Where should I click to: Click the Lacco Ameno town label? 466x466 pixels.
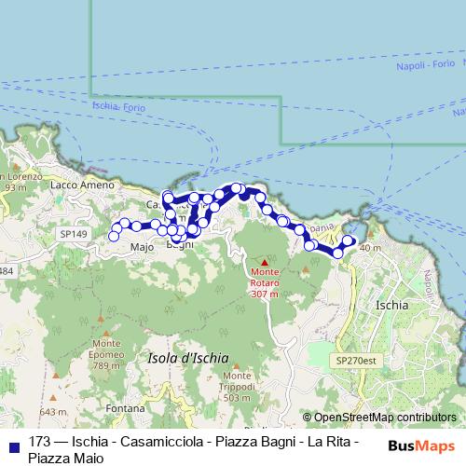tap(83, 185)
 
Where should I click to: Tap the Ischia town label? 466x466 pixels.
tap(390, 305)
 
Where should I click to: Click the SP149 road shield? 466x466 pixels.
tap(72, 233)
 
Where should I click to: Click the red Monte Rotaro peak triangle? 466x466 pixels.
tap(264, 261)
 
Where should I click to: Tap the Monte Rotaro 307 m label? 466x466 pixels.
tap(264, 282)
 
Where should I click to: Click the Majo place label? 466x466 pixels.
tap(142, 248)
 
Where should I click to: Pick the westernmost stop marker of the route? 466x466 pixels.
tap(115, 236)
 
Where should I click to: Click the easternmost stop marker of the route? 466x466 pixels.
tap(349, 240)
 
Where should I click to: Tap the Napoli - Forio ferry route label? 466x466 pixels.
tap(426, 68)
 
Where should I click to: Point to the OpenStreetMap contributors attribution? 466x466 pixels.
tap(385, 418)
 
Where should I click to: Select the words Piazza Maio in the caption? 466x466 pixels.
tap(66, 458)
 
